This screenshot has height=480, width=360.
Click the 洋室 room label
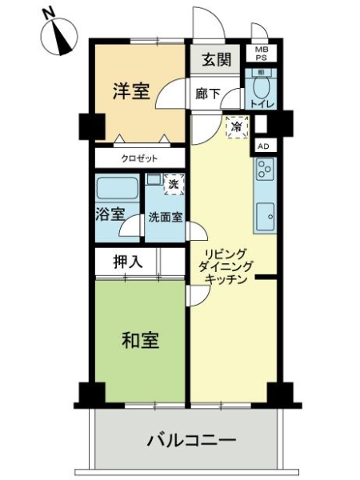click(131, 91)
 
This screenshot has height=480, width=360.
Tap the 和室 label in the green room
click(140, 340)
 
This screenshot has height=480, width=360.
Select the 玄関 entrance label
click(217, 59)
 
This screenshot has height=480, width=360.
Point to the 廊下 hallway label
click(208, 94)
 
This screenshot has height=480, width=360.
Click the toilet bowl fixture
click(261, 86)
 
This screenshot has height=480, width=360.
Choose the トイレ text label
click(262, 104)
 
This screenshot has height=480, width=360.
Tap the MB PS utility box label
click(261, 54)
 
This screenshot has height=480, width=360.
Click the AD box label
click(263, 146)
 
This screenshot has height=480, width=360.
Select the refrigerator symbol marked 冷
click(237, 126)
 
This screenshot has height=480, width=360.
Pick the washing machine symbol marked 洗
click(174, 184)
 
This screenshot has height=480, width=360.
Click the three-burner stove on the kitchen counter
click(265, 169)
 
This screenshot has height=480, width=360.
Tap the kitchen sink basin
click(265, 217)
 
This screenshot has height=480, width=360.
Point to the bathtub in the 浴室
click(116, 188)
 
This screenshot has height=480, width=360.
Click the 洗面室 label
click(166, 218)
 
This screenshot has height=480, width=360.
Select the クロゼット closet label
click(139, 158)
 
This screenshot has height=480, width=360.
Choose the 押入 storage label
click(128, 262)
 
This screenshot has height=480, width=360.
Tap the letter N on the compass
click(49, 14)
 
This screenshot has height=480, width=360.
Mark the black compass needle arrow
click(63, 41)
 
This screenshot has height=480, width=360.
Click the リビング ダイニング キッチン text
click(226, 266)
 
